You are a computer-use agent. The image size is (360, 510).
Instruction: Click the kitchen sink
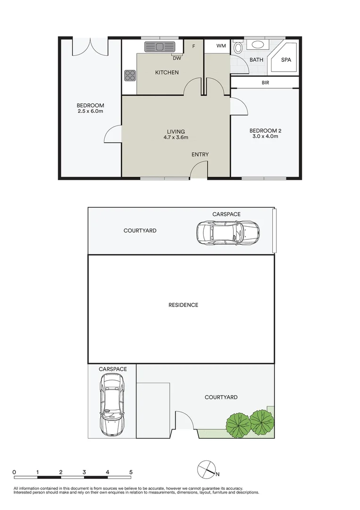(159, 47)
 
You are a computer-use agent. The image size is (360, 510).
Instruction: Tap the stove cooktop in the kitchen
(130, 76)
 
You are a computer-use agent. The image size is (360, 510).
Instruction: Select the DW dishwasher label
(176, 59)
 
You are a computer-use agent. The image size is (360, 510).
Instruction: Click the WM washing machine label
(221, 46)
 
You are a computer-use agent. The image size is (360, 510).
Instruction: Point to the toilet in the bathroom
(238, 48)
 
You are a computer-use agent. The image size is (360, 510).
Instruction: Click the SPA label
(286, 60)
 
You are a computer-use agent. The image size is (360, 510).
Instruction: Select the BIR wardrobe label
(265, 83)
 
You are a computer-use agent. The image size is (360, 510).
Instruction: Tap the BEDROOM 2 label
(265, 130)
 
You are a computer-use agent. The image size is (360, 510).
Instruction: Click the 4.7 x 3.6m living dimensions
(176, 138)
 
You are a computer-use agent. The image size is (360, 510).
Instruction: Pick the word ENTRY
(200, 154)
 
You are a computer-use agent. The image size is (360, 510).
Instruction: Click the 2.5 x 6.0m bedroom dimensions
(91, 111)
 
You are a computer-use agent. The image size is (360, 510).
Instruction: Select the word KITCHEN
(167, 72)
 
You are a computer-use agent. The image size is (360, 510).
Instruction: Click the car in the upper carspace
(227, 231)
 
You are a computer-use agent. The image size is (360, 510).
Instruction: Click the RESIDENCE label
(183, 305)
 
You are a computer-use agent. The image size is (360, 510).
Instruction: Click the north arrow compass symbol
(206, 469)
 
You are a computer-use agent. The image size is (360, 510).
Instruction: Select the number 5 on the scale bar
(131, 472)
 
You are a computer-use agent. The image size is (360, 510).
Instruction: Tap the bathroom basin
(258, 45)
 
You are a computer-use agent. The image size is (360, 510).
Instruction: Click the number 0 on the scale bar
(15, 472)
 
